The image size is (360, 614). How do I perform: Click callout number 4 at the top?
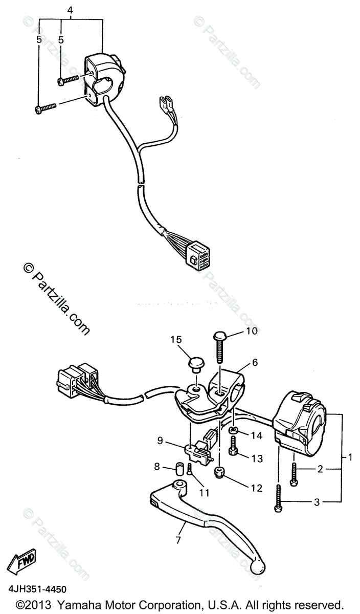[x=70, y=9]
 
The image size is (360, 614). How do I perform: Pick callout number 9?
[x=160, y=440]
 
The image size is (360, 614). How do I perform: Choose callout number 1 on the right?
[x=350, y=456]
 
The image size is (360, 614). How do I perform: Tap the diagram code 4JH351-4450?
[x=36, y=590]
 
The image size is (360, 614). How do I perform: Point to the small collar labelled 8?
[x=179, y=468]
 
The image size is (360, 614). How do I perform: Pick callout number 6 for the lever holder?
[x=254, y=363]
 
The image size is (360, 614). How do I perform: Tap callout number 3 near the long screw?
[x=317, y=502]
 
